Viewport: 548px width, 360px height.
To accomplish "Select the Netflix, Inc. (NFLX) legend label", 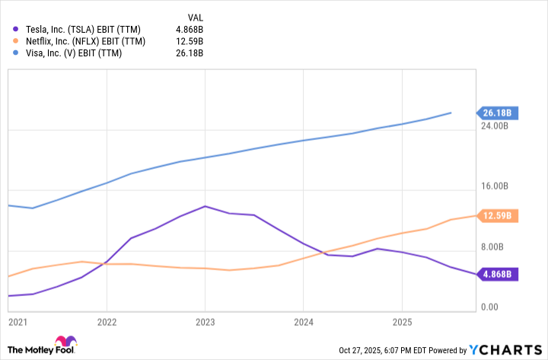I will [x=84, y=41].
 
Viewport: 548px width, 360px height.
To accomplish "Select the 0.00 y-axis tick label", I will [x=489, y=307].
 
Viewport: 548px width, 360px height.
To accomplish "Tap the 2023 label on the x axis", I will [x=204, y=322].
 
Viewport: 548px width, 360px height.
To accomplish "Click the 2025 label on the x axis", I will [x=401, y=322].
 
